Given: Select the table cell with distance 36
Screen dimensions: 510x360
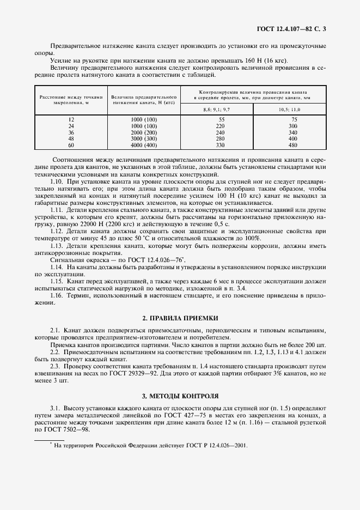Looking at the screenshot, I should pos(71,132).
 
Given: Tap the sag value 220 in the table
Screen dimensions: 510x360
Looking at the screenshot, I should pos(220,125).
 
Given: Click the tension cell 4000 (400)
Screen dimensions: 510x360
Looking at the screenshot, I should pos(144,146).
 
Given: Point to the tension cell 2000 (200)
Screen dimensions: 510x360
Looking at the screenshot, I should pos(144,132).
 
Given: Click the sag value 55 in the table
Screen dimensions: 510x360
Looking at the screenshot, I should pos(221,119).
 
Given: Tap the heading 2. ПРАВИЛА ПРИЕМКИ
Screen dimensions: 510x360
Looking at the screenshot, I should pos(180,317).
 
